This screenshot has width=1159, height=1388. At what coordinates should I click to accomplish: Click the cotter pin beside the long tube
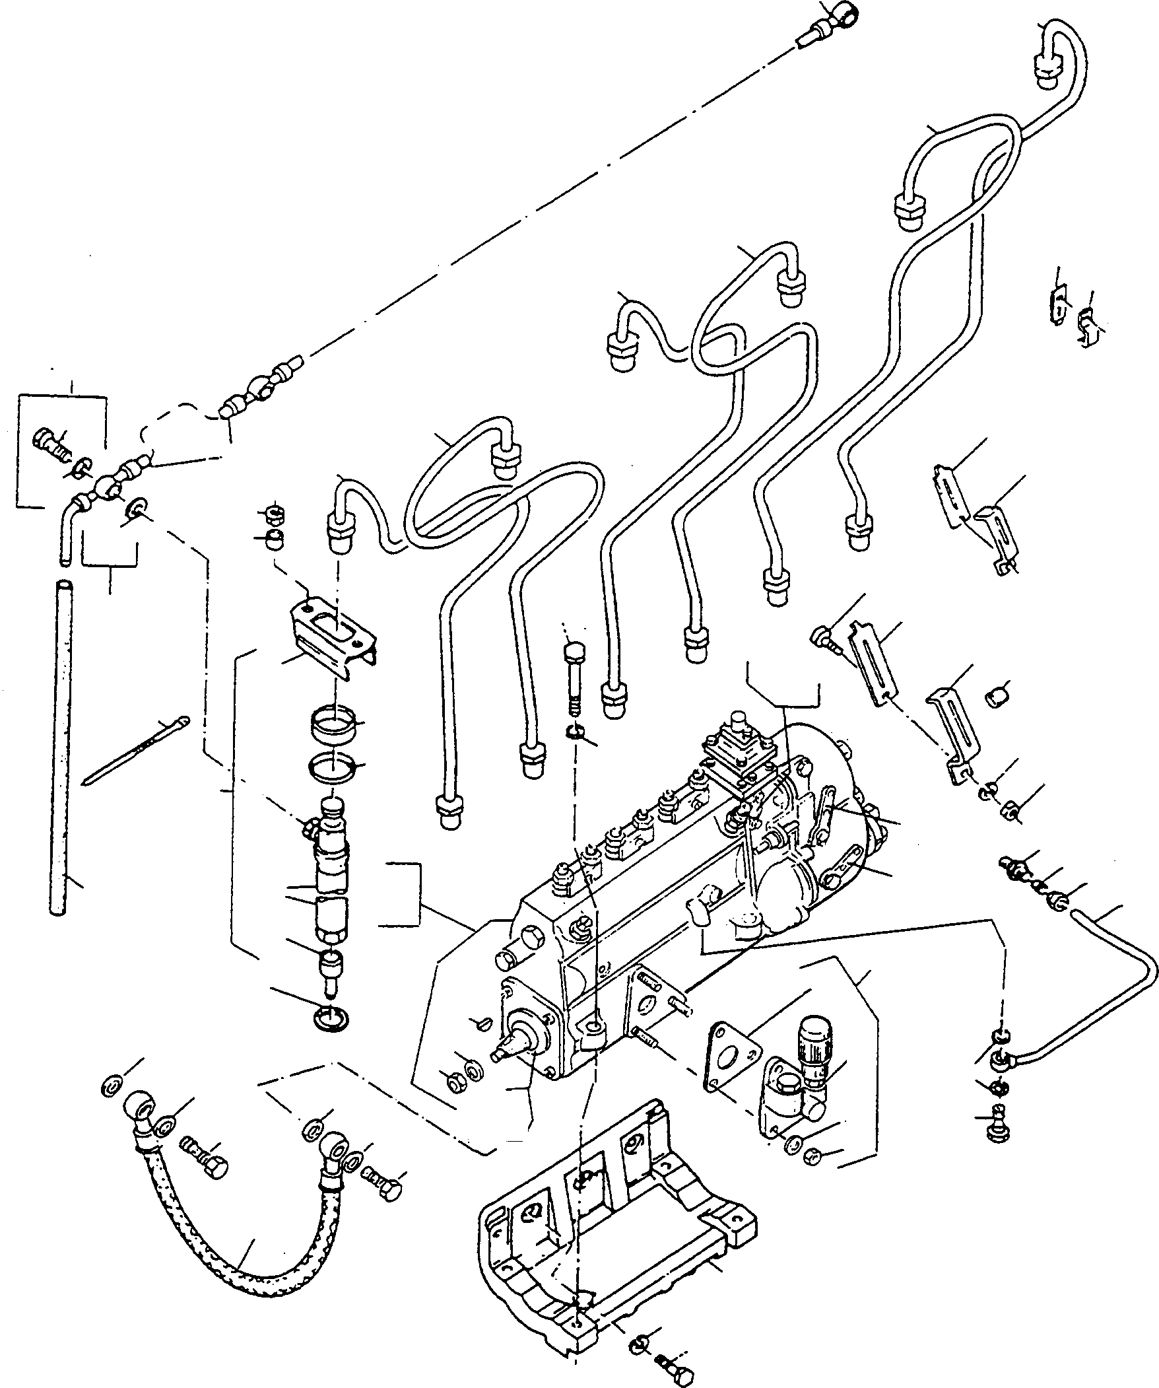[135, 750]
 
